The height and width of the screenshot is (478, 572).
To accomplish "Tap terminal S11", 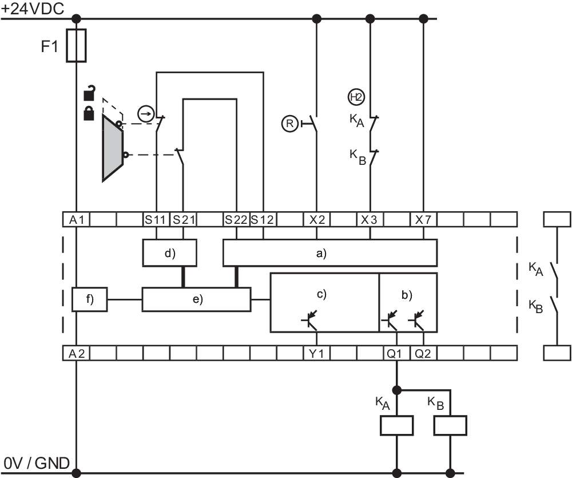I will point(156,219).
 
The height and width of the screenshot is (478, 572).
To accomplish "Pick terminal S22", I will point(236,219).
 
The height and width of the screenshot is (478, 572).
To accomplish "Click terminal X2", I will point(317,219).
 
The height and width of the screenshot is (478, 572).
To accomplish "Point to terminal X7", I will point(423,219).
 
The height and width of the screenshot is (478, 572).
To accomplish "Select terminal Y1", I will point(316,353).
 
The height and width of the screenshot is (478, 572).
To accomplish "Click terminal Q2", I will point(423,353).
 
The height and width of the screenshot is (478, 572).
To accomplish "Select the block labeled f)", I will point(90,299).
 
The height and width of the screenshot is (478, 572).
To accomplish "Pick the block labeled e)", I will point(196,299).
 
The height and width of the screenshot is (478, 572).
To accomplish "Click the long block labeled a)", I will point(329,252).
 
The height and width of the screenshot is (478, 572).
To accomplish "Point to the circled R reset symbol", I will point(290,123).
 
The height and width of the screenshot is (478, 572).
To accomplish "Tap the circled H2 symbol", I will point(356,97).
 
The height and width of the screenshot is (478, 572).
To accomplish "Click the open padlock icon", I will point(89,92).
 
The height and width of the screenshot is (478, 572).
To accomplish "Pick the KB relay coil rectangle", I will point(450,426).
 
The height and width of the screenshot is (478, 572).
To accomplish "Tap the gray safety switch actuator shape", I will point(112,147).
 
